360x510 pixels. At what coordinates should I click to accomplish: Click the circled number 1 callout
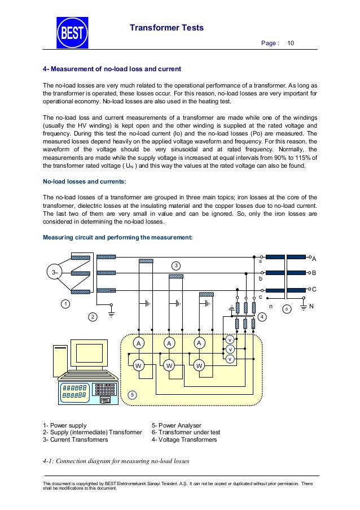pyautogui.click(x=65, y=305)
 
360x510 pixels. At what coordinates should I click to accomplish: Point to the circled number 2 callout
pyautogui.click(x=93, y=317)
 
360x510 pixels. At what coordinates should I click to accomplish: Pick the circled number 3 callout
pyautogui.click(x=176, y=265)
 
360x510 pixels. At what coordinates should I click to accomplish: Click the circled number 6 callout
pyautogui.click(x=287, y=308)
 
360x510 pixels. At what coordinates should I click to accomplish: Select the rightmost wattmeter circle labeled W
pyautogui.click(x=199, y=366)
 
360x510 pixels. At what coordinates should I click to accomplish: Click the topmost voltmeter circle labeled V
pyautogui.click(x=230, y=340)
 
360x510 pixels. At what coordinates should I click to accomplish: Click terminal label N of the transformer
pyautogui.click(x=310, y=307)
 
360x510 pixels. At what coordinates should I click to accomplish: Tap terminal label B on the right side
pyautogui.click(x=314, y=273)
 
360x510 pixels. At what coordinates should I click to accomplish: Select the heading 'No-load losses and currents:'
pyautogui.click(x=84, y=182)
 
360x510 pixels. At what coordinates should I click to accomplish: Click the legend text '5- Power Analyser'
pyautogui.click(x=177, y=425)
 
